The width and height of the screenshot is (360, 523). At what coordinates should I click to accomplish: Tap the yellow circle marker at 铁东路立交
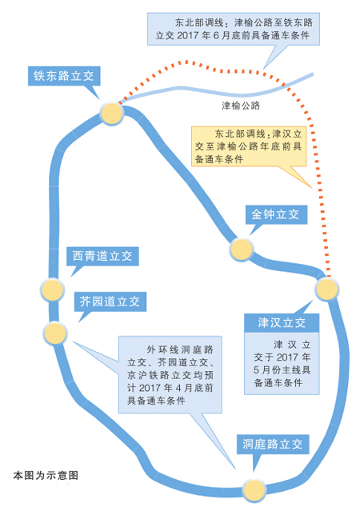[x=112, y=113]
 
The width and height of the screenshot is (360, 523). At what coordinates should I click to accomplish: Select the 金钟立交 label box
[x=274, y=215]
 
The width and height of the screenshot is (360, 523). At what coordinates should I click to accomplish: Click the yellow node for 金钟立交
[x=241, y=250]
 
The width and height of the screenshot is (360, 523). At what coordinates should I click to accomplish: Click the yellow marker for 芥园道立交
[x=54, y=332]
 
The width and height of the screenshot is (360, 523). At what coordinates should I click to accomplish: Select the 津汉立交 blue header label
[x=282, y=323]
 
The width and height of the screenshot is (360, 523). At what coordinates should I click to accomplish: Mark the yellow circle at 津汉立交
[x=327, y=289]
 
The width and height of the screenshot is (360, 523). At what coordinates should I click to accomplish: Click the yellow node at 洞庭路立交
[x=254, y=489]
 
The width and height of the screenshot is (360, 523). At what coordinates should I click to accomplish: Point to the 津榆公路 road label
[x=242, y=105]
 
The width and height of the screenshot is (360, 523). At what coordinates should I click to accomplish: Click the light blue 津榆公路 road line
[x=200, y=86]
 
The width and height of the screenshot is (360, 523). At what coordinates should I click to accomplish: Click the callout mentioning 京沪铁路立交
[x=172, y=374]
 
